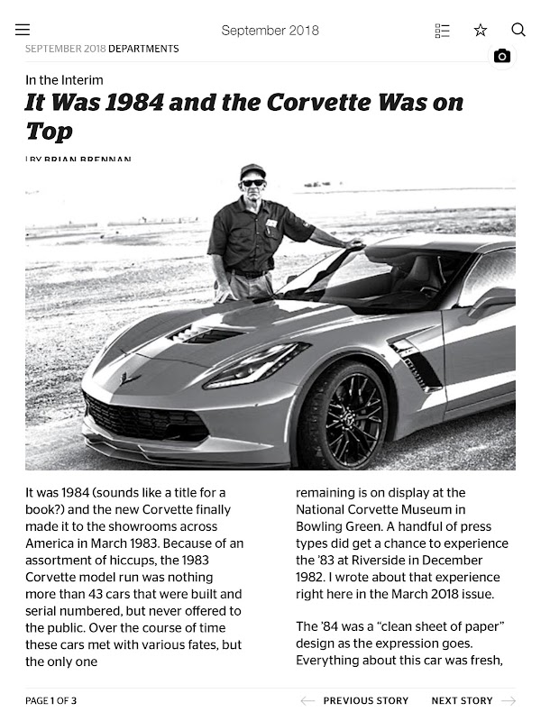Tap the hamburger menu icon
pos(23,30)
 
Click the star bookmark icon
pos(481,30)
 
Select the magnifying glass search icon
pos(518,30)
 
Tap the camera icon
pos(502,56)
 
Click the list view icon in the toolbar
pos(442,30)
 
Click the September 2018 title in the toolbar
pos(270,30)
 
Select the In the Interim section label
pos(64,80)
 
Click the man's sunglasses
pos(253,182)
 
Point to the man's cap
pos(253,169)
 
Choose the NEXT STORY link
pos(462,700)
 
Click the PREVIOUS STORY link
pos(365,700)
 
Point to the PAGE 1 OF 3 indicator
pos(51,700)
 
